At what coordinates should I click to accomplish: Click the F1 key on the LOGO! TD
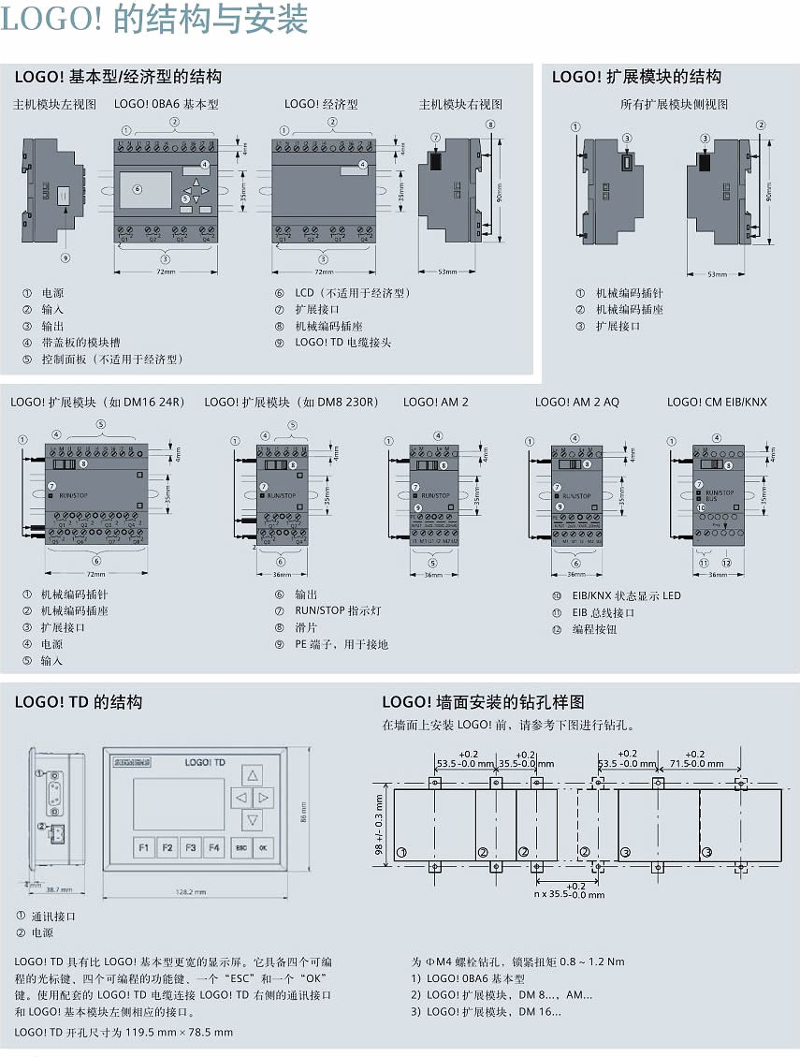(x=144, y=848)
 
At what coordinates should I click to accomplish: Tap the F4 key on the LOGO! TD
(x=214, y=848)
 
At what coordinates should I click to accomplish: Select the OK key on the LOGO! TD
(x=263, y=848)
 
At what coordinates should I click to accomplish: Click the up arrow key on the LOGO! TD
(x=252, y=775)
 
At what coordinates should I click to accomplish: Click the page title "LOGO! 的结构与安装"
(x=154, y=21)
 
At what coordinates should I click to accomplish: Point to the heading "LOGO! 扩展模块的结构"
(x=636, y=77)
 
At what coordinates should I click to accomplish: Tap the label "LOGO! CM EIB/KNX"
(x=717, y=403)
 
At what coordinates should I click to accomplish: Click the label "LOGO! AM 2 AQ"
(x=576, y=403)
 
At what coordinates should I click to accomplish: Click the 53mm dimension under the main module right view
(x=447, y=272)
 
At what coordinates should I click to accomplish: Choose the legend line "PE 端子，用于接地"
(x=341, y=644)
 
